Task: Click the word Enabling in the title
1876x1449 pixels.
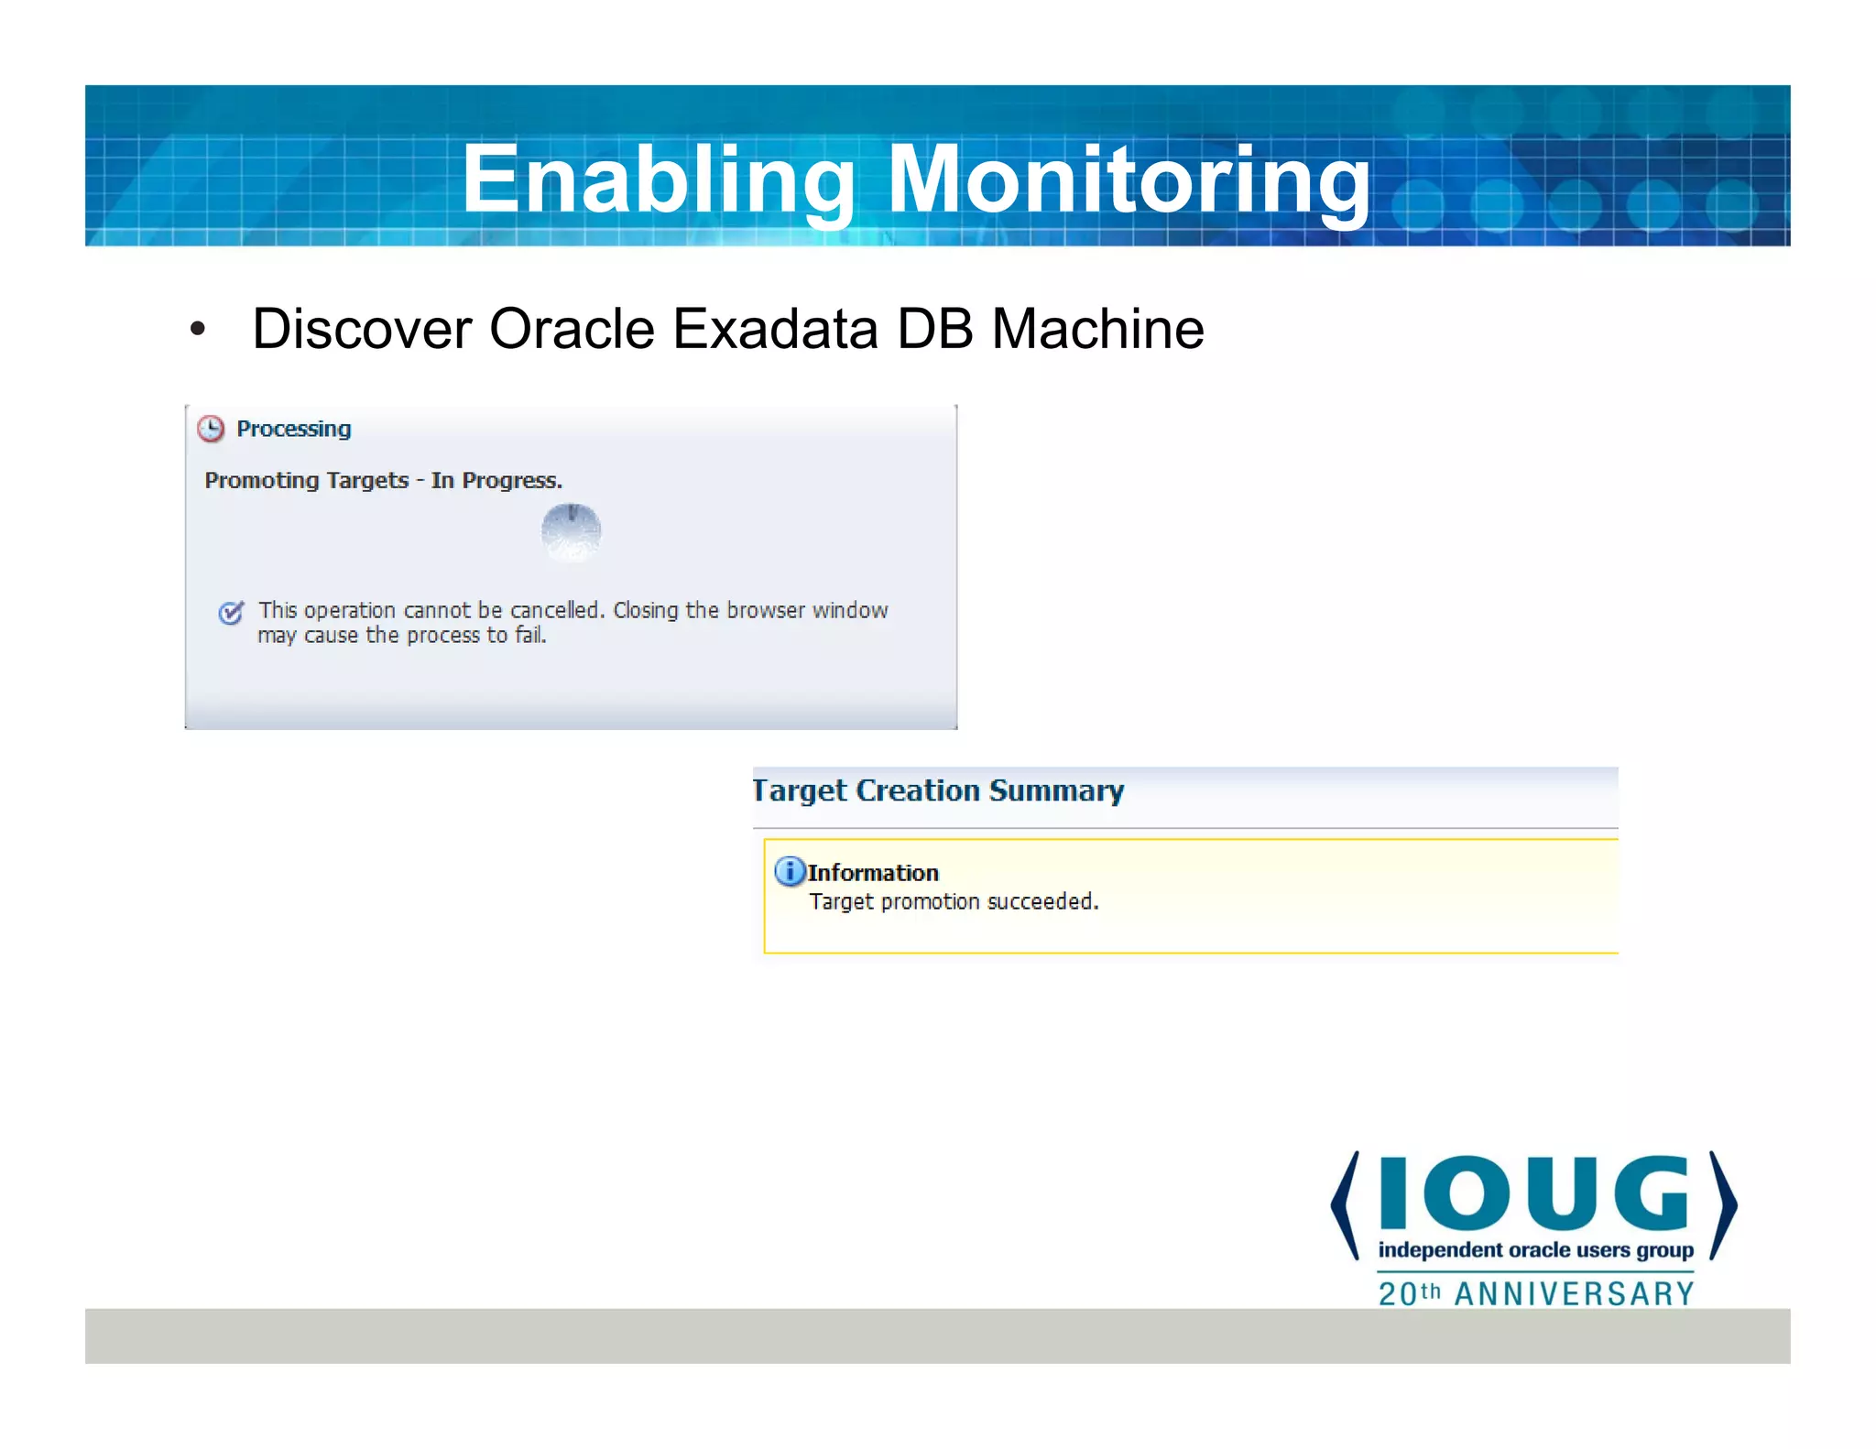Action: [x=656, y=180]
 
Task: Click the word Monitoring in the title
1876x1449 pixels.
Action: [x=1129, y=180]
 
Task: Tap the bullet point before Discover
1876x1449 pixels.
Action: [x=197, y=330]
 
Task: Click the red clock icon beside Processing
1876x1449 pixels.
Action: [x=212, y=429]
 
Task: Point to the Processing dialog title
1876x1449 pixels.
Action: [x=293, y=429]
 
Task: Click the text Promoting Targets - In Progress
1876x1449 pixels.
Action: [x=383, y=480]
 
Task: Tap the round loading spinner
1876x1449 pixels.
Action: [x=571, y=531]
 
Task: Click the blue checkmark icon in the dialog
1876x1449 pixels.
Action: [x=231, y=612]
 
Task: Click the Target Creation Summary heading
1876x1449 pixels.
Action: [x=938, y=790]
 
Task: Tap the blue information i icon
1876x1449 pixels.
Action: [x=789, y=871]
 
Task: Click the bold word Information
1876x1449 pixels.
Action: [x=873, y=873]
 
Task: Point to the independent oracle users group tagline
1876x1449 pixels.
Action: [x=1535, y=1250]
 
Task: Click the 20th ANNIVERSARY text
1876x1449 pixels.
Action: [x=1535, y=1293]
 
